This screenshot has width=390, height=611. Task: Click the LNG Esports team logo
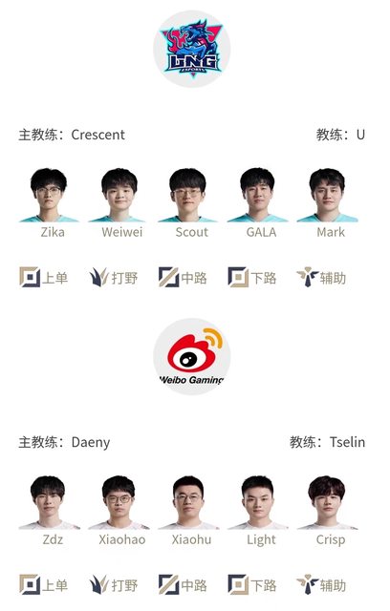(x=192, y=49)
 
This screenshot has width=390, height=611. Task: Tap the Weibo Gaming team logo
(x=192, y=356)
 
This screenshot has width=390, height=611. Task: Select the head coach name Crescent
(x=97, y=135)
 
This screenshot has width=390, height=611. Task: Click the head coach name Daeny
(x=91, y=443)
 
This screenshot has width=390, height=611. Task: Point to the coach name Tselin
(x=347, y=442)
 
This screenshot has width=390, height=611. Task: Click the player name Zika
(x=53, y=232)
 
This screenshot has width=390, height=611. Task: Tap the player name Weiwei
(x=122, y=232)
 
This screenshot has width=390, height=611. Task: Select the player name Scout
(x=191, y=232)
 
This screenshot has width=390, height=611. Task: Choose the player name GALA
(x=261, y=232)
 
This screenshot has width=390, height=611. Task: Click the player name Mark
(x=331, y=232)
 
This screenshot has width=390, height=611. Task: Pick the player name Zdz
(x=53, y=539)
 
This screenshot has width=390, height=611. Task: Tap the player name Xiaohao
(x=122, y=539)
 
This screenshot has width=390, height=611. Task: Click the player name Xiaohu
(x=191, y=539)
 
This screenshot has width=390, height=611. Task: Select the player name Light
(x=261, y=540)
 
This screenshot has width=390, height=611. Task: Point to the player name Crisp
(x=331, y=540)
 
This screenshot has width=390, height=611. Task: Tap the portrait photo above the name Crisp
(x=327, y=502)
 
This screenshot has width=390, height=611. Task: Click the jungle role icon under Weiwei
(x=98, y=278)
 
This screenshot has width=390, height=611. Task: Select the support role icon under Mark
(x=308, y=277)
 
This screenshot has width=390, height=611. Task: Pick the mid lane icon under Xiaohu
(x=168, y=585)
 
